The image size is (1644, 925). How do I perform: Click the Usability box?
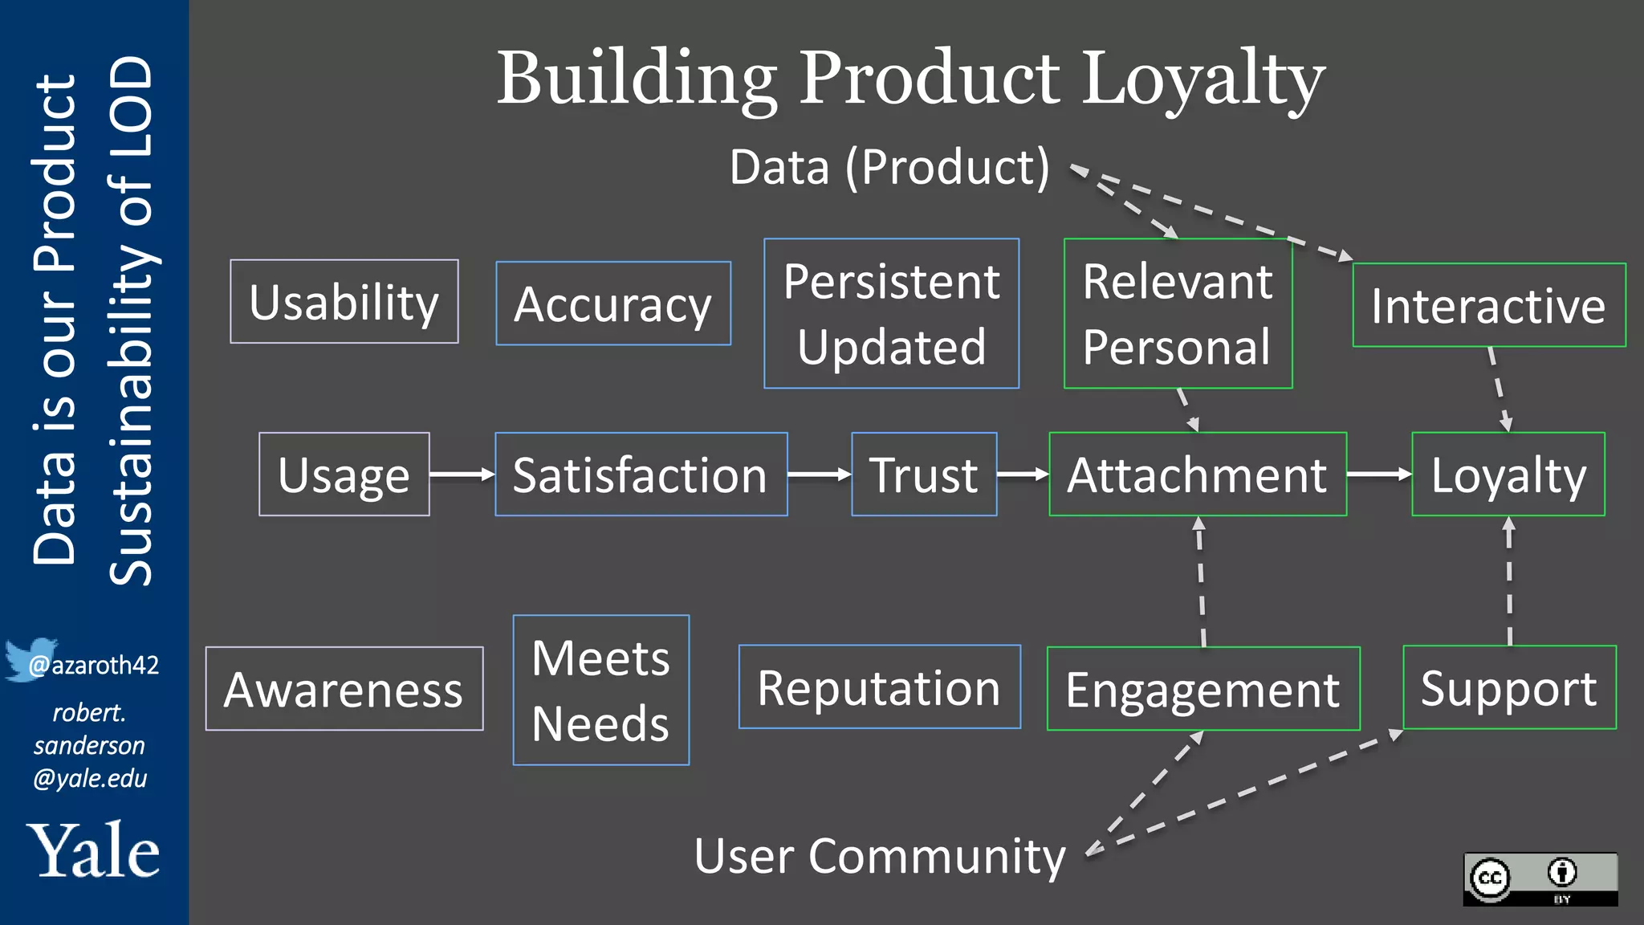coord(344,302)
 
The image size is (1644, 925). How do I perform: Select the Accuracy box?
coord(613,304)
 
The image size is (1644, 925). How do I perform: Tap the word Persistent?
coord(891,282)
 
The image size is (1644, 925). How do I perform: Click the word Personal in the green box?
coord(1177,347)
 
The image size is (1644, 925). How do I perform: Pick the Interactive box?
coord(1488,305)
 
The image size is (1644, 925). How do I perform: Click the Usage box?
coord(344,475)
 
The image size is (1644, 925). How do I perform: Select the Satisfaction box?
coord(641,475)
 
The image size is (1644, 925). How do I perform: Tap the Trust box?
coord(924,475)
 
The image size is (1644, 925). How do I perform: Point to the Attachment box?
coord(1197,475)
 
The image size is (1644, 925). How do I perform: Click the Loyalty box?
coord(1508,475)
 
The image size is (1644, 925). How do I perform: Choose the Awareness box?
coord(344,689)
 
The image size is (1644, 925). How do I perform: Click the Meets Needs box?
coord(600,691)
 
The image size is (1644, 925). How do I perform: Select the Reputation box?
coord(879,687)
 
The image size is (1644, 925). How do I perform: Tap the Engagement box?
coord(1202,689)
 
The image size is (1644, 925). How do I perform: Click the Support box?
coord(1509,687)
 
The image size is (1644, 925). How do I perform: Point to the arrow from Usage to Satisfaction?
coord(462,475)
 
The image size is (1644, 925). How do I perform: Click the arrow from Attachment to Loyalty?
coord(1378,475)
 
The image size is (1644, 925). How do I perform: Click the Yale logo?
coord(93,851)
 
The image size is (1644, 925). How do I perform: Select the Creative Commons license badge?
coord(1540,879)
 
